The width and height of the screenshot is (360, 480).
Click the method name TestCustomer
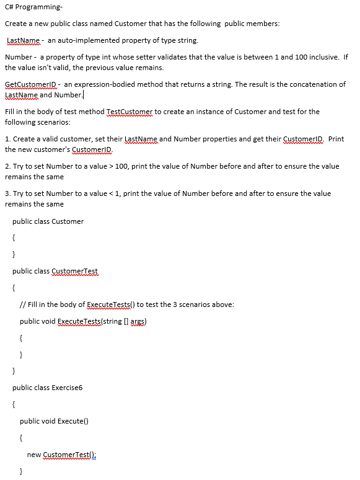point(130,112)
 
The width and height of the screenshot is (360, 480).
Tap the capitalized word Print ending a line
point(336,139)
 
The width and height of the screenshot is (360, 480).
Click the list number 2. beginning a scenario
point(7,166)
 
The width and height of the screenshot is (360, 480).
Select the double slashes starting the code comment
point(22,304)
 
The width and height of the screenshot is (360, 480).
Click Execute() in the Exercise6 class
point(73,421)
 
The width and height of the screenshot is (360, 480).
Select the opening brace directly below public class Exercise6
point(14,405)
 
